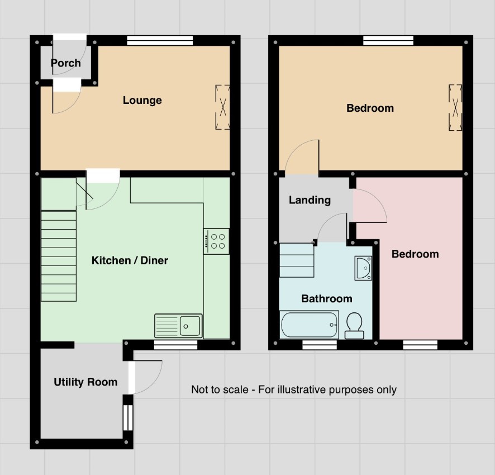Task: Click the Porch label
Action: pyautogui.click(x=66, y=63)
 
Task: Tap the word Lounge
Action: pyautogui.click(x=142, y=101)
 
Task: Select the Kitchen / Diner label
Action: pyautogui.click(x=130, y=260)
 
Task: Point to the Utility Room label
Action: pyautogui.click(x=85, y=382)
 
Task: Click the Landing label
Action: pyautogui.click(x=310, y=200)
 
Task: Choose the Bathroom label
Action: pyautogui.click(x=327, y=298)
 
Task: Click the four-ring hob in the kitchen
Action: pyautogui.click(x=216, y=241)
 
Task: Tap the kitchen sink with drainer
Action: pyautogui.click(x=178, y=326)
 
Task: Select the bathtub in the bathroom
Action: pyautogui.click(x=309, y=324)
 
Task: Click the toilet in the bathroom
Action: pyautogui.click(x=354, y=326)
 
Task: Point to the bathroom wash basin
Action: pyautogui.click(x=363, y=268)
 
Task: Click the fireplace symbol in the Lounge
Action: pyautogui.click(x=222, y=107)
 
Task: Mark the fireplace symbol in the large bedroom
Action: pyautogui.click(x=455, y=107)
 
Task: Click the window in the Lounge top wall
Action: pyautogui.click(x=160, y=41)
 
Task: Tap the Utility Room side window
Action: pyautogui.click(x=128, y=417)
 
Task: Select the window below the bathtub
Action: pyautogui.click(x=320, y=345)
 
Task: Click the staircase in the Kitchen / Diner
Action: pyautogui.click(x=59, y=256)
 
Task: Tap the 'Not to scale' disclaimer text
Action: pyautogui.click(x=294, y=389)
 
